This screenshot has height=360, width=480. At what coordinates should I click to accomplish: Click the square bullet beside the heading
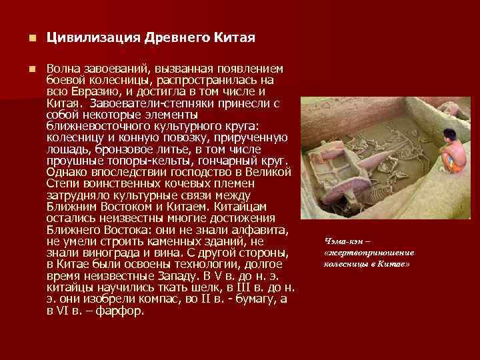(23, 38)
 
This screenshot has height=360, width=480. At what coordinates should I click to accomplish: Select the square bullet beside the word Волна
(23, 69)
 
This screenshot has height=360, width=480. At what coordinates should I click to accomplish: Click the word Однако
(66, 172)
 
